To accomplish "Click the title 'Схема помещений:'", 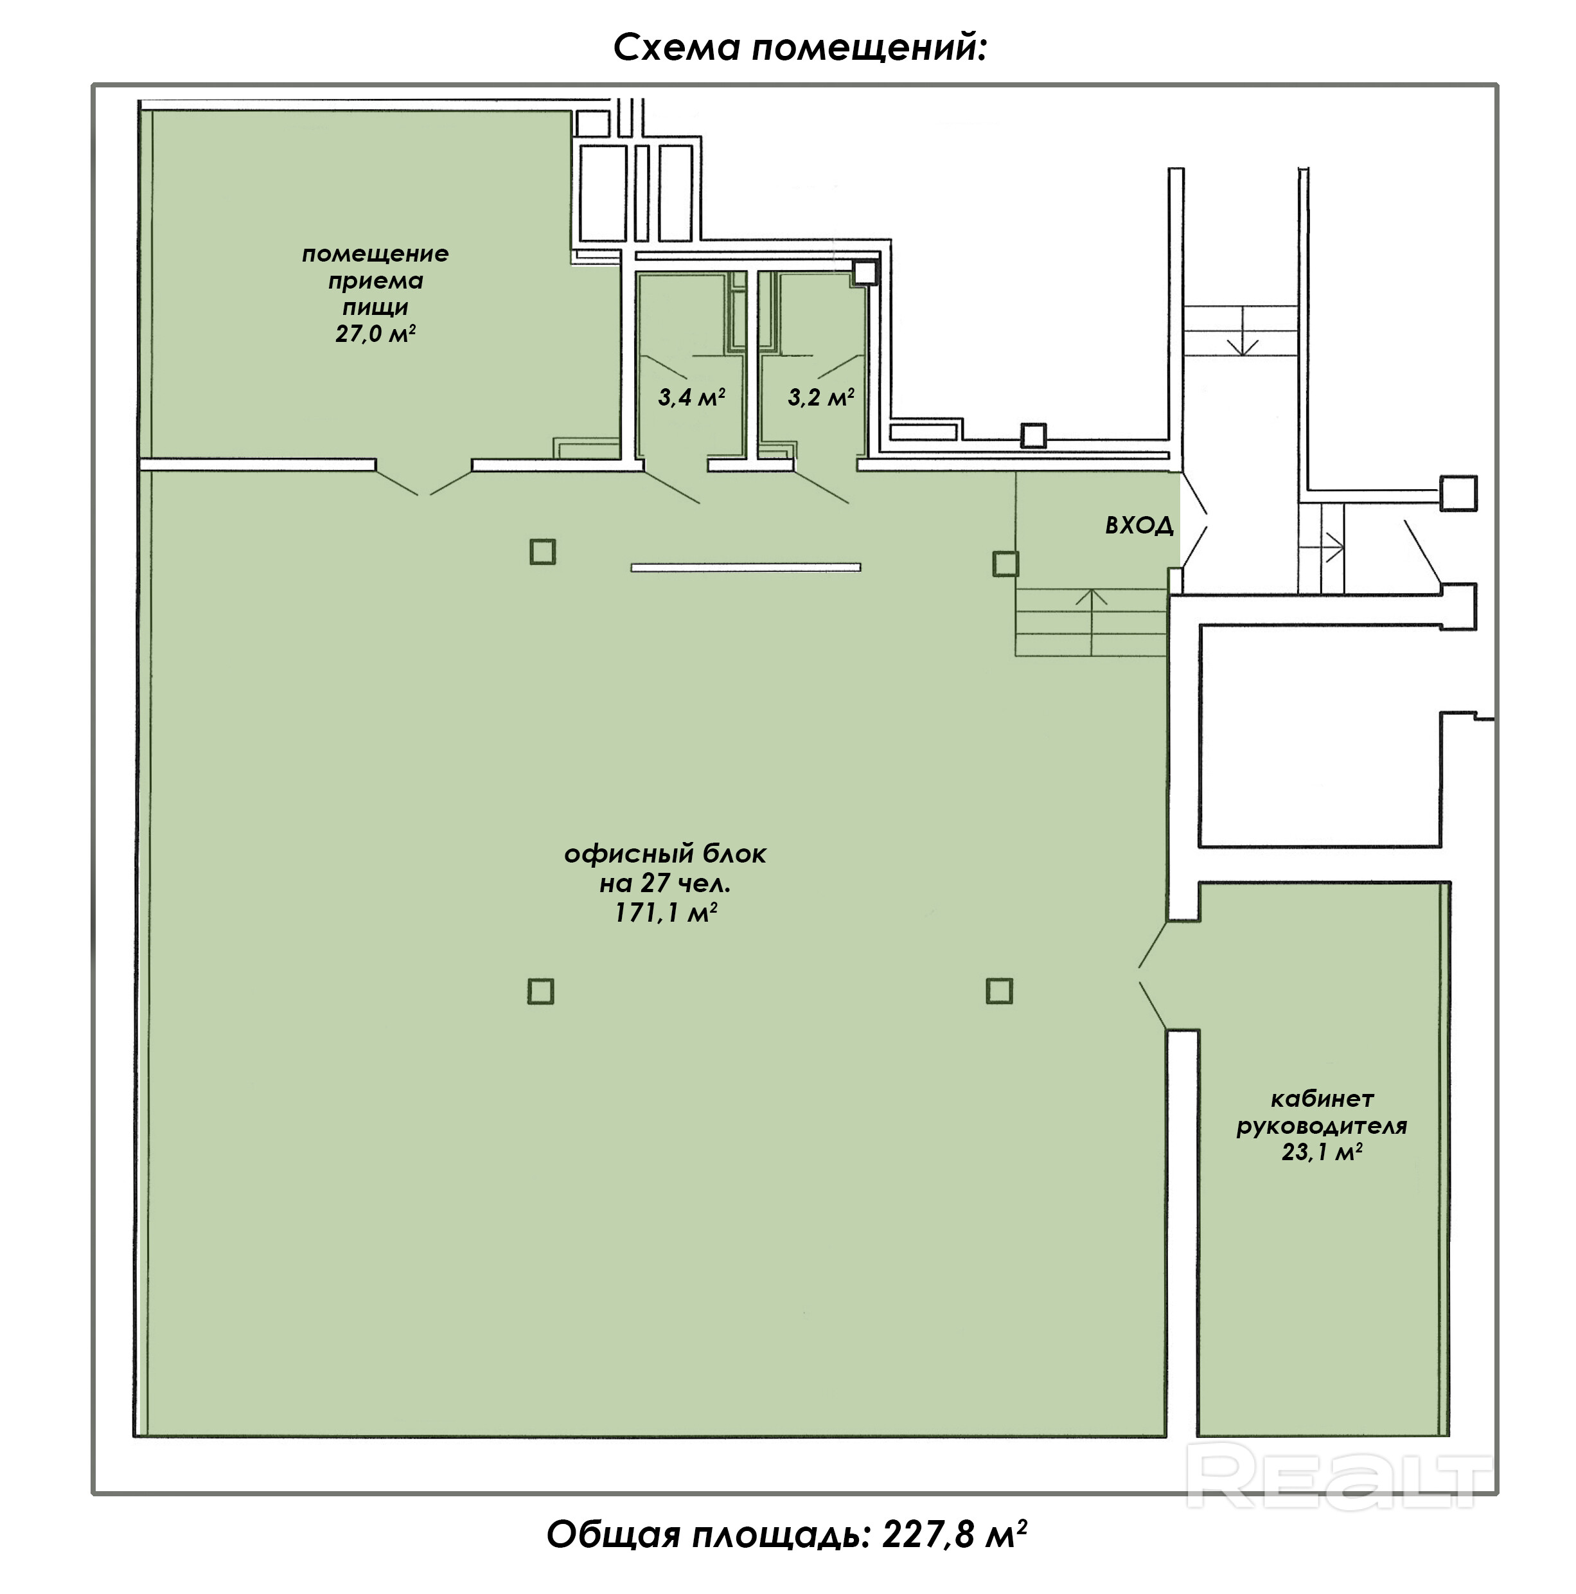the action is [x=799, y=48].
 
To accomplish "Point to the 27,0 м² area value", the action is [x=375, y=334].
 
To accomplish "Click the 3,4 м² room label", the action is [x=691, y=398].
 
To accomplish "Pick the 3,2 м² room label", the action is [x=820, y=398].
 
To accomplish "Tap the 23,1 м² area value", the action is [x=1321, y=1152].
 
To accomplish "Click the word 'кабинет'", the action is [x=1321, y=1099].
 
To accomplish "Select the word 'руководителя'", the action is [x=1321, y=1125].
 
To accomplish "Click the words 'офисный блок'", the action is [x=665, y=854].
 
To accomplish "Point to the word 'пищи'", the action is [x=375, y=307].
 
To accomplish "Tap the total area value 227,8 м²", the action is [x=954, y=1535].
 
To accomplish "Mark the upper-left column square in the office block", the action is [x=542, y=551].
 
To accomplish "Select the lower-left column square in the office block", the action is [x=540, y=991].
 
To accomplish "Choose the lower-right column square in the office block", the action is [x=998, y=990].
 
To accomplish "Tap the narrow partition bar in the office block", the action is [x=745, y=568].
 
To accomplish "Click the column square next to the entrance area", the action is [x=1004, y=564].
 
